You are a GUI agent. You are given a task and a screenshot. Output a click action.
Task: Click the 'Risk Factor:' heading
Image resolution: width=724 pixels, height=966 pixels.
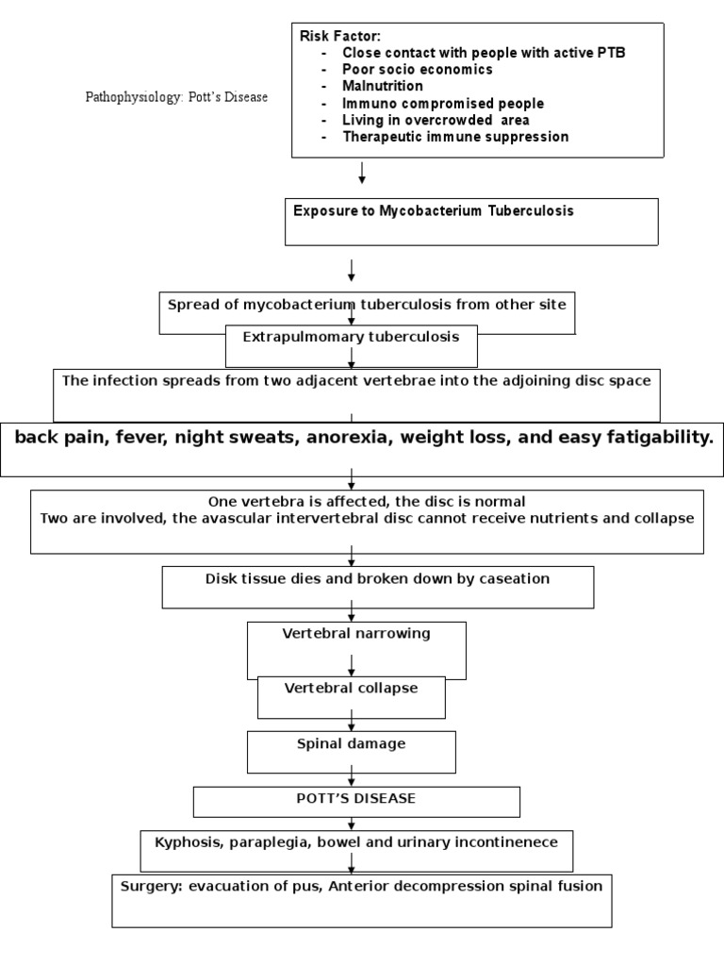pos(340,36)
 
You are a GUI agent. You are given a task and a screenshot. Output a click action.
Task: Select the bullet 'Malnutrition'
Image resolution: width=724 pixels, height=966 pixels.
pos(383,86)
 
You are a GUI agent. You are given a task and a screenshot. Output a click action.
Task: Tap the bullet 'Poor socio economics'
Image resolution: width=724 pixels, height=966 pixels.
pos(418,70)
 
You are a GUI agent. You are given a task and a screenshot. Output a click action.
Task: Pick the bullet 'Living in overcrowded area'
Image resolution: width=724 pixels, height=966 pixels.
pos(436,120)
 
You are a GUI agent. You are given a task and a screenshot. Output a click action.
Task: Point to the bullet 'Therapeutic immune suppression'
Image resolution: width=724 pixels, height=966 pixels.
pos(455,137)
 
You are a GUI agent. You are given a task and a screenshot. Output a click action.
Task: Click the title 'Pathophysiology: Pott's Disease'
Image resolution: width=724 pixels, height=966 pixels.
pos(176,97)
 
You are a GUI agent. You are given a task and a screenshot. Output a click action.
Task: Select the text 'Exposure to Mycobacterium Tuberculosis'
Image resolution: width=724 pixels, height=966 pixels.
pos(433,210)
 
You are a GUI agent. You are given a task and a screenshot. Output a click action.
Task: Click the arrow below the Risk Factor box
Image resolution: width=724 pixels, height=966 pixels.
pos(362,174)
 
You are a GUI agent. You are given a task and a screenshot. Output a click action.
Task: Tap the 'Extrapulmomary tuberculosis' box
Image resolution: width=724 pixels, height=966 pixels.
pos(351,338)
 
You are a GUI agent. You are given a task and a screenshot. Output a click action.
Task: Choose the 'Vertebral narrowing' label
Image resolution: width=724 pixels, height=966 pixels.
pos(356,634)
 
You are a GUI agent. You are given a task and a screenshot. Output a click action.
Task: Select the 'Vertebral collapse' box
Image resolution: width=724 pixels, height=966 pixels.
pos(351,689)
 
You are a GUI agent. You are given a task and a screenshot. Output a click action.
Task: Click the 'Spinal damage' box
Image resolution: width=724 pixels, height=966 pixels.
pos(351,744)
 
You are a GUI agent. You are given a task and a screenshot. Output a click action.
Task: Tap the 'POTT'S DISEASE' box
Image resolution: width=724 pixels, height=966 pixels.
pos(356,799)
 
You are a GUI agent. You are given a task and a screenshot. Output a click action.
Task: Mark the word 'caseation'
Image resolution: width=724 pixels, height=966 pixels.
pos(511,579)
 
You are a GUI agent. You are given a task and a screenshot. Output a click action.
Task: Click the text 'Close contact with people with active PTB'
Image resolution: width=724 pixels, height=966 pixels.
pos(483,53)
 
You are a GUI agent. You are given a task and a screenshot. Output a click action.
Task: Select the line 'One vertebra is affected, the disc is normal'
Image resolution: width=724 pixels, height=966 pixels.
pos(366,501)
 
